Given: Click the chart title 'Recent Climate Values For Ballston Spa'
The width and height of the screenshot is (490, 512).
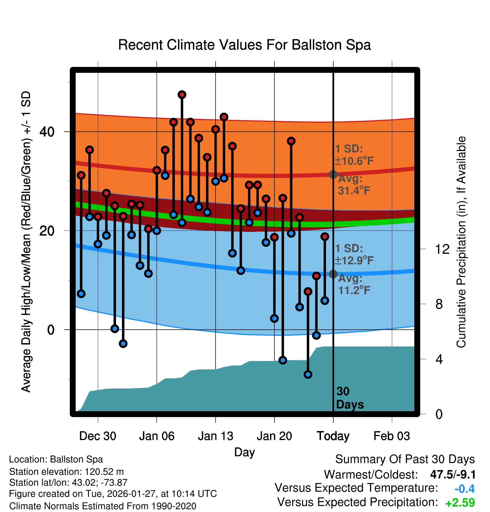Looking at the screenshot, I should click(x=244, y=45).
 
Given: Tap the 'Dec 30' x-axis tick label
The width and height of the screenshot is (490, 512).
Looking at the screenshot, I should click(x=98, y=436).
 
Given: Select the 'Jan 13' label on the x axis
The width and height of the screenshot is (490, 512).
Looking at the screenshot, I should click(x=215, y=436).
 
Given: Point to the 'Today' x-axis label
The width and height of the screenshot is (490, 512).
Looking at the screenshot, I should click(x=333, y=436).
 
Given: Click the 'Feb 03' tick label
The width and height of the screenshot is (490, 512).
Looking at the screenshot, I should click(x=392, y=436).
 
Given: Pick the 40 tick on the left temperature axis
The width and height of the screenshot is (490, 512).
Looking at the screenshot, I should click(x=47, y=132).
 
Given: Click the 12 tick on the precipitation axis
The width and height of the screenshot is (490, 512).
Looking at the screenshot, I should click(x=442, y=249).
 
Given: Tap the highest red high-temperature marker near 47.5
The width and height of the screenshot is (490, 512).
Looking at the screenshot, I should click(x=182, y=95).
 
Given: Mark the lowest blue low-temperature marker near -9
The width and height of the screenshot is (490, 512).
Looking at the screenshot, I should click(x=308, y=374).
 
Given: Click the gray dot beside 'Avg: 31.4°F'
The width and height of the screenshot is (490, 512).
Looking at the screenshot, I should click(x=333, y=174).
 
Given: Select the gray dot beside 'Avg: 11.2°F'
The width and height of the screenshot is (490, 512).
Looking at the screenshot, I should click(x=333, y=274).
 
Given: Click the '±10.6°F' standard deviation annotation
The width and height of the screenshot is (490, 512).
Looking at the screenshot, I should click(x=354, y=161).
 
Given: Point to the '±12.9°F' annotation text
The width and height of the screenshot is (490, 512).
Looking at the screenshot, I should click(x=354, y=260).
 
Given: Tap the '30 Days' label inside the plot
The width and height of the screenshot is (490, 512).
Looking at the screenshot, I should click(x=350, y=398).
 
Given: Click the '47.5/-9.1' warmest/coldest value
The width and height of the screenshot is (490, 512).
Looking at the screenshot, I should click(x=453, y=474).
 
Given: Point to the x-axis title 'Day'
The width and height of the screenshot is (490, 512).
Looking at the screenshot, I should click(x=244, y=452).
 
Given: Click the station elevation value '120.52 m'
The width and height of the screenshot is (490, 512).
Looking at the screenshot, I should click(x=104, y=472).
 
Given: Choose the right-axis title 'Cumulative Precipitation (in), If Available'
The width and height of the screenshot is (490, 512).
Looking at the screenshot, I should click(x=461, y=242).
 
